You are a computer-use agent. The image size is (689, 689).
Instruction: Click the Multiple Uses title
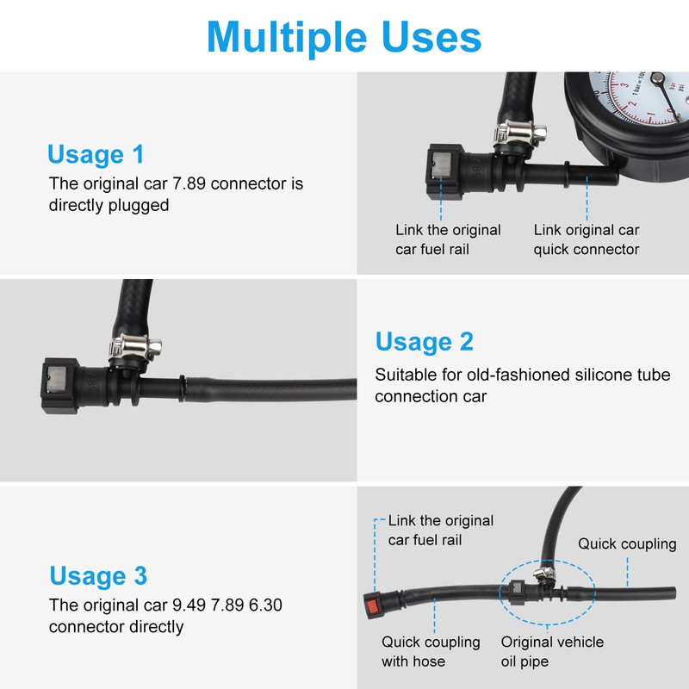click(344, 38)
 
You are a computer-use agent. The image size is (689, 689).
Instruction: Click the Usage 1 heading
click(96, 154)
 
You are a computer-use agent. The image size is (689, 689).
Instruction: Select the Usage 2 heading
click(425, 341)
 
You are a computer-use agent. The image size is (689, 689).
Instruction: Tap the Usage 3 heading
click(98, 575)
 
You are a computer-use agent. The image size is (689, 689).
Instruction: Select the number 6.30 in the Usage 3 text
click(265, 605)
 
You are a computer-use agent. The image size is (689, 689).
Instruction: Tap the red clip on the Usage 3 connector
click(372, 606)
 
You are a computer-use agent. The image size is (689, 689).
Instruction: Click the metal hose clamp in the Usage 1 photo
click(520, 133)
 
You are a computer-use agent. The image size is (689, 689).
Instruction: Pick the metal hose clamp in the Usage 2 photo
click(135, 348)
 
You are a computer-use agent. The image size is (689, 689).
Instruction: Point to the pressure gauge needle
click(667, 96)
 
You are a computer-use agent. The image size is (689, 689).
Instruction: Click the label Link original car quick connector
click(587, 239)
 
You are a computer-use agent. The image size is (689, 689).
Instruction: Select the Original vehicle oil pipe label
click(552, 651)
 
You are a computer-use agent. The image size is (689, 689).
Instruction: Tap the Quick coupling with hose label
click(431, 651)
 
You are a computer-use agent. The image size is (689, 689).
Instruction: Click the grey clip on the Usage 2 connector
click(57, 380)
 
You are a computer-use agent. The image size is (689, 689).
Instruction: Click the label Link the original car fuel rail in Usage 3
click(440, 530)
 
